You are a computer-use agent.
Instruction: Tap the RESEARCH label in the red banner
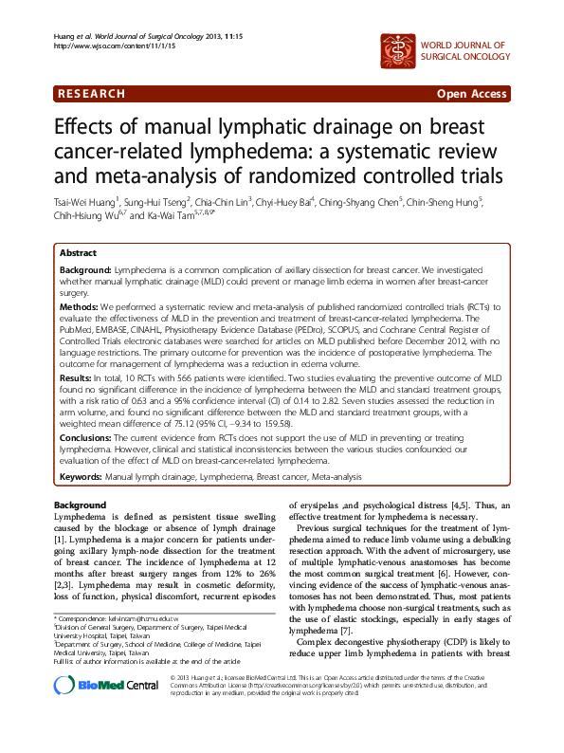pyautogui.click(x=91, y=94)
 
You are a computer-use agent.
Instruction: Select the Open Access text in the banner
pyautogui.click(x=470, y=94)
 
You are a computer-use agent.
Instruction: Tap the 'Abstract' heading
pyautogui.click(x=78, y=254)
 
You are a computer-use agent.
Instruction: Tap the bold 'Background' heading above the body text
pyautogui.click(x=80, y=505)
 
